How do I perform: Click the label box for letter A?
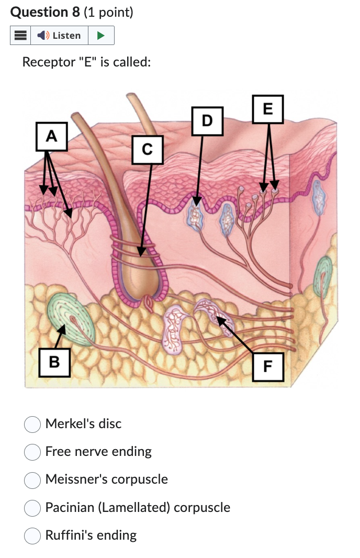[51, 137]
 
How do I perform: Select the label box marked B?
[54, 361]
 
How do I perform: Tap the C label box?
[147, 150]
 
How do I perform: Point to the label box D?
[207, 121]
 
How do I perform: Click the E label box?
[268, 109]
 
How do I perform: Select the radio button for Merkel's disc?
[32, 424]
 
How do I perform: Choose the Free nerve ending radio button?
[32, 452]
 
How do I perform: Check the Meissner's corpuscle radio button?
[32, 479]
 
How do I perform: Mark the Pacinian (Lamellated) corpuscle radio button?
[32, 508]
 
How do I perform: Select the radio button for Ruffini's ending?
[32, 535]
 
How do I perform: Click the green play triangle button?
[101, 36]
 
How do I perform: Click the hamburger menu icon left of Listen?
[20, 36]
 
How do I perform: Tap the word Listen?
[66, 36]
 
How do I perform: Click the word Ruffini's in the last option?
[67, 535]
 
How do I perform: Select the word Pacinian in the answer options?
[68, 508]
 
